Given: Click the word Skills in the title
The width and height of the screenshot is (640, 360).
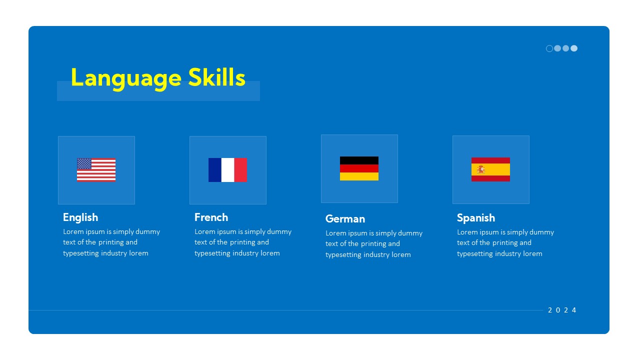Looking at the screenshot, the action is [216, 77].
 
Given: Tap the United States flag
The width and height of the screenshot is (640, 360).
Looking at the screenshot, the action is [96, 170].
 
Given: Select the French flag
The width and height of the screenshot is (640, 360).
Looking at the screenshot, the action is [227, 170].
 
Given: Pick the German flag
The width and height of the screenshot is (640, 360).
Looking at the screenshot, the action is [359, 168].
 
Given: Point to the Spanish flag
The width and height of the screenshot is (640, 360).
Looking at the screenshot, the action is [490, 169].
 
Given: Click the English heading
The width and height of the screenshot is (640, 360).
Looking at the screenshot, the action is [80, 217].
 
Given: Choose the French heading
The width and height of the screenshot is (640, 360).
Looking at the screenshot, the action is [211, 217].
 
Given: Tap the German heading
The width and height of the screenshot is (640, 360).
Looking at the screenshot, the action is [345, 219].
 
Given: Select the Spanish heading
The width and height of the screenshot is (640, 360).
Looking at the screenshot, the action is [475, 218].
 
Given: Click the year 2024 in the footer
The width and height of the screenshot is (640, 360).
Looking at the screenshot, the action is [562, 310].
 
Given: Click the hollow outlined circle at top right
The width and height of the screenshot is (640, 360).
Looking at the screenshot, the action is [549, 48].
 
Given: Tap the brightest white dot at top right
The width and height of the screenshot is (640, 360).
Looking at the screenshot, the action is [574, 48].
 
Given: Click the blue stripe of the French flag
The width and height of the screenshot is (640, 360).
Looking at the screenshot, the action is [215, 170].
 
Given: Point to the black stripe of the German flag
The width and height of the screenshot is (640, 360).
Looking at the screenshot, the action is [359, 160].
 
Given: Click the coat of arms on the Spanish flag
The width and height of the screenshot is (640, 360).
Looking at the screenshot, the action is [481, 169].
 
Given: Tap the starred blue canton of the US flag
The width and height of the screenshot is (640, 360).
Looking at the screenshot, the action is [84, 164].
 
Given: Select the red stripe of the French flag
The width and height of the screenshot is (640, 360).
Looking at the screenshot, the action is [240, 170].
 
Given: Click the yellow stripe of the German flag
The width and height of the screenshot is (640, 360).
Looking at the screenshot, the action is [359, 176].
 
